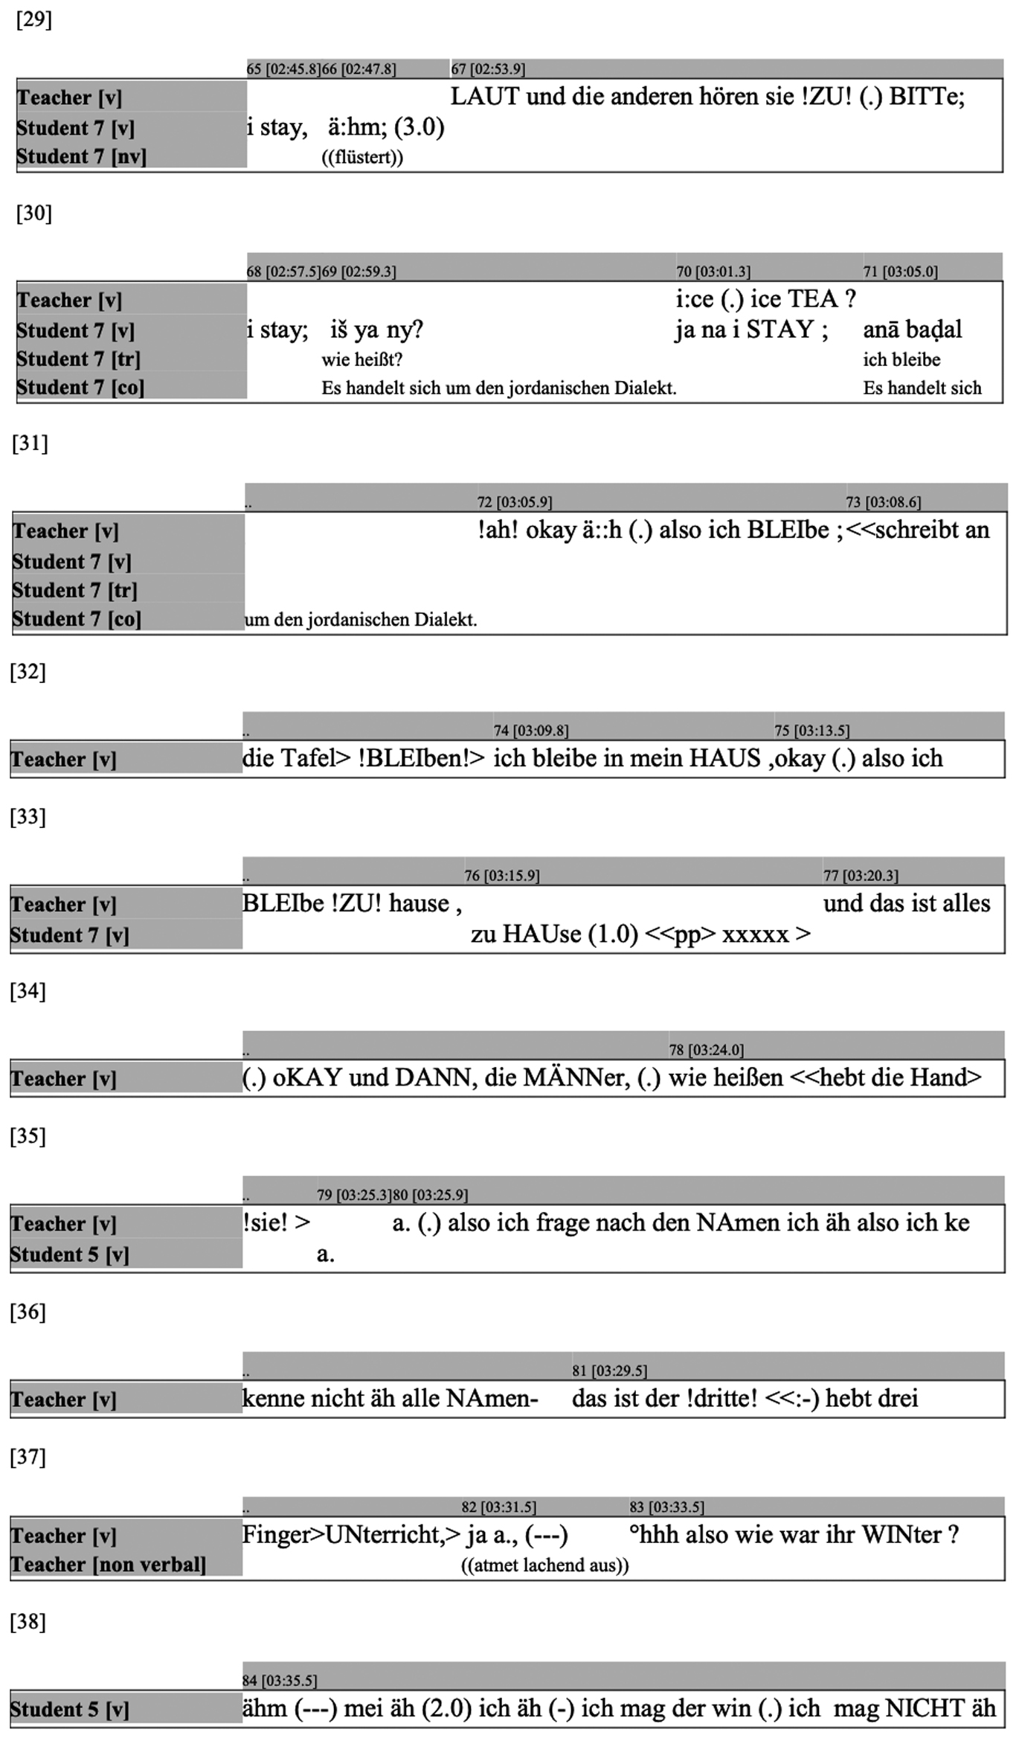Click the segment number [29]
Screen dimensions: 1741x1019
[x=34, y=20]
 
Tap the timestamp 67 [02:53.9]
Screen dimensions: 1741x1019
[x=488, y=69]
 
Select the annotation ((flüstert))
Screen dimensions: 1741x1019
[x=362, y=158]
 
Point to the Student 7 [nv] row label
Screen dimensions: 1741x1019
[x=81, y=157]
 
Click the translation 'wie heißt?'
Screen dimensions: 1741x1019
[x=361, y=360]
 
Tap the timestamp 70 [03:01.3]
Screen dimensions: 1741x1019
[x=713, y=272]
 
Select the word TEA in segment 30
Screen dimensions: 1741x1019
[x=812, y=299]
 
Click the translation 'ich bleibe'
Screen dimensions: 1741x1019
[x=901, y=360]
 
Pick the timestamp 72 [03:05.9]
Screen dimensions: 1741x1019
[x=515, y=502]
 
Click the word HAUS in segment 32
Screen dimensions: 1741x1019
[x=724, y=758]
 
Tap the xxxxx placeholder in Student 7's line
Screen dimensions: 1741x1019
[x=756, y=934]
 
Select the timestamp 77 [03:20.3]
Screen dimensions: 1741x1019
[x=861, y=876]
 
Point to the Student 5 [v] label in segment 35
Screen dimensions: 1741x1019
[x=69, y=1254]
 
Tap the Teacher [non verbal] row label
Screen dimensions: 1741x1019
[x=108, y=1565]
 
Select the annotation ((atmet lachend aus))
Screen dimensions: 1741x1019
[x=544, y=1565]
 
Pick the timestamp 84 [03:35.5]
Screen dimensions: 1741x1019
[x=280, y=1681]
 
